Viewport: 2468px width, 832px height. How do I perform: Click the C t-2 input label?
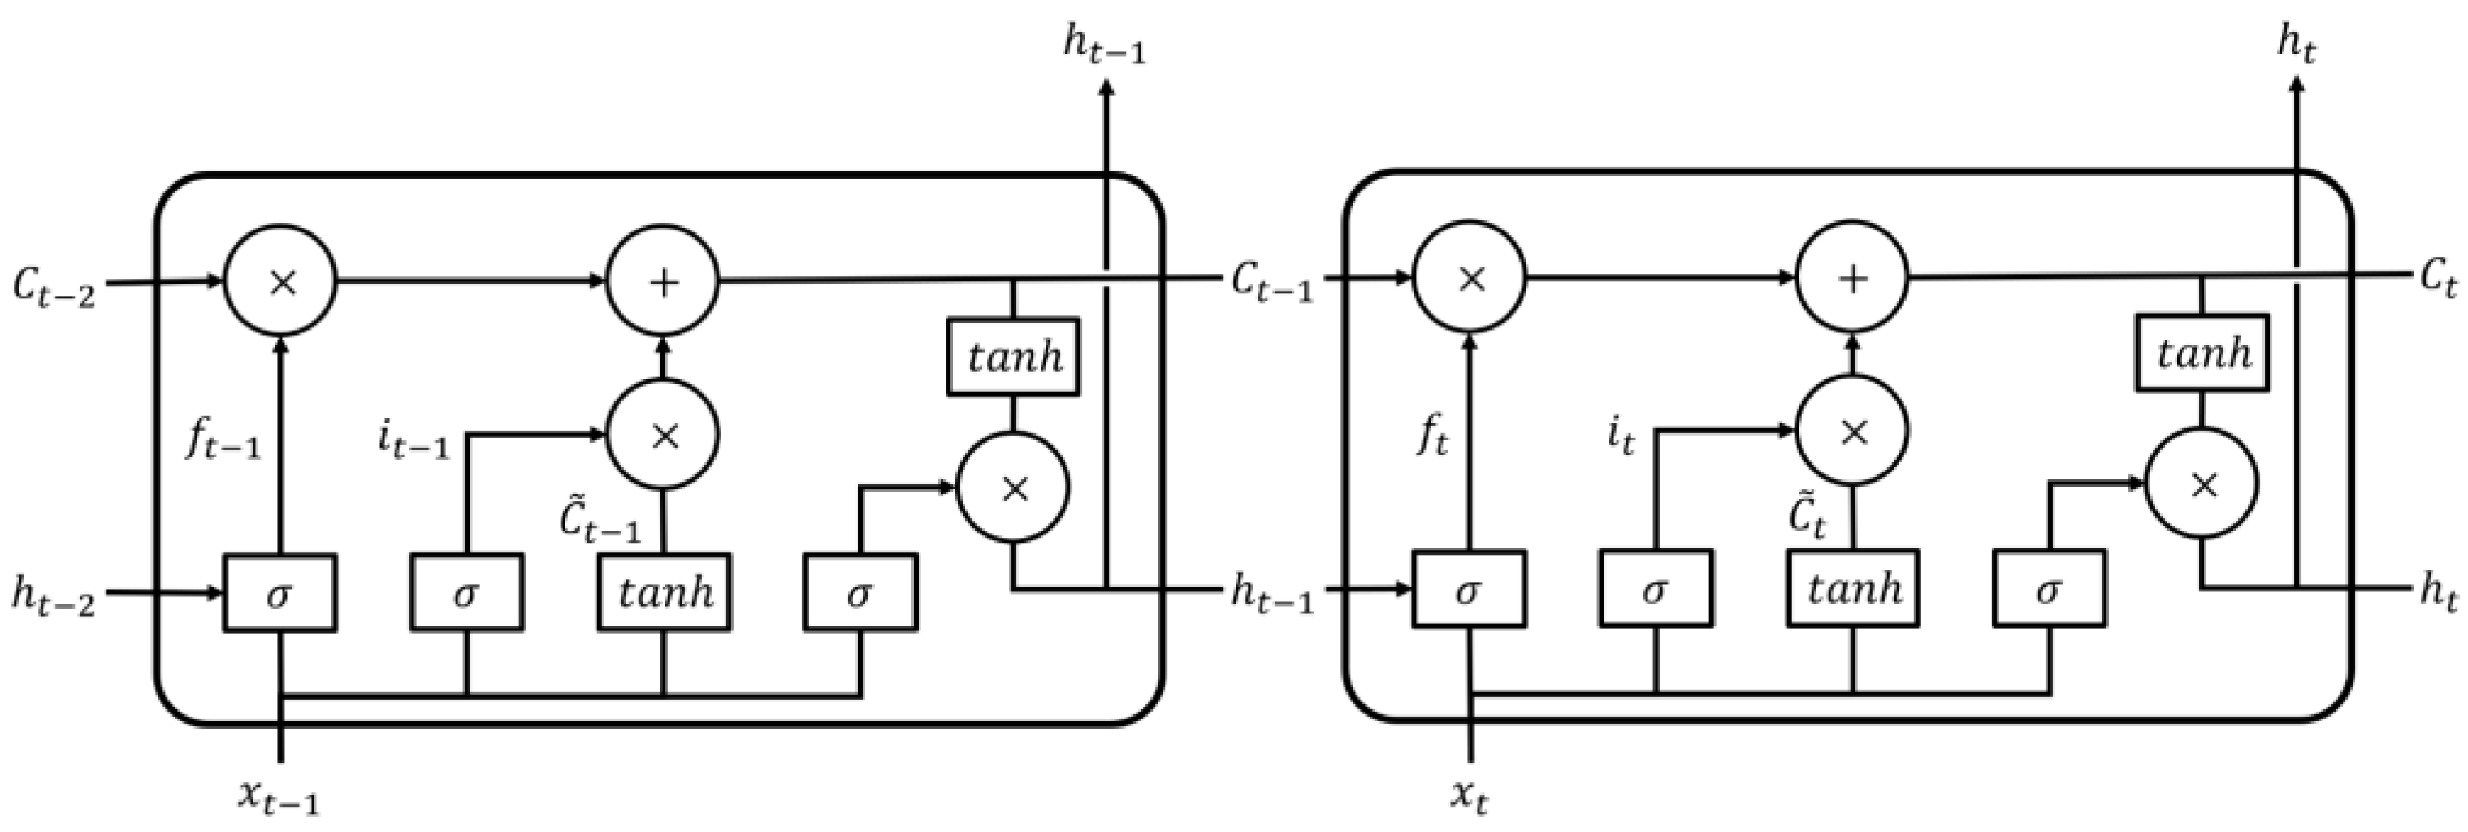pos(54,287)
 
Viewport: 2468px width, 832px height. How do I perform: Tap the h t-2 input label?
pos(54,596)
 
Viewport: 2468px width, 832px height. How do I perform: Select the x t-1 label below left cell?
pos(278,796)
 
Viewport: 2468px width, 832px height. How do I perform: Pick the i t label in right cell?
pos(1621,436)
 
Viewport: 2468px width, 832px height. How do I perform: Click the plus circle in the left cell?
pos(663,281)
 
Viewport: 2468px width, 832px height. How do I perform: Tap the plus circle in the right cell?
pos(1852,278)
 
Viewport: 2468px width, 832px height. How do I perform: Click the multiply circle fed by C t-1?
pos(1470,278)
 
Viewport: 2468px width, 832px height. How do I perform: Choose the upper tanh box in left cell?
pos(1013,357)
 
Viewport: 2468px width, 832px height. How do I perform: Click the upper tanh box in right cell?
pos(2202,353)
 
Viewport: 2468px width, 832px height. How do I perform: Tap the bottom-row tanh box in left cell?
pos(664,592)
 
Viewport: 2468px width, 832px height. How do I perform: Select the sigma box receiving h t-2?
pos(279,593)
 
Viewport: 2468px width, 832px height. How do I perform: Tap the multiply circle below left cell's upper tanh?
pos(1014,487)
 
